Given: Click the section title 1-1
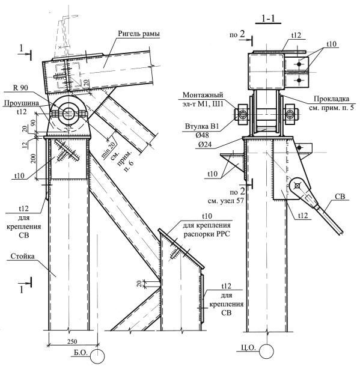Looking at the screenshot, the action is [268, 19].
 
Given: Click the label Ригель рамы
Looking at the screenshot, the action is [139, 34].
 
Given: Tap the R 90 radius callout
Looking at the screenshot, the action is [20, 88].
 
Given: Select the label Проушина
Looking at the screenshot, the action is [21, 103].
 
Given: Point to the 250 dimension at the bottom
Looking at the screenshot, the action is [72, 341].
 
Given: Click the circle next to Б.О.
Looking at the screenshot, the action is [97, 356].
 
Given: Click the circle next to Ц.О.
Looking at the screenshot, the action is [266, 351].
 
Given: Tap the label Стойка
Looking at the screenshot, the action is [22, 256].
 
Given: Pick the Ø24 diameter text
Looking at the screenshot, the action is [205, 145].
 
